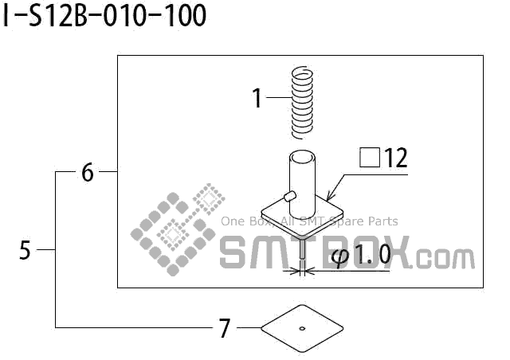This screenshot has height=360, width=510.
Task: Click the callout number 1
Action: click(x=257, y=99)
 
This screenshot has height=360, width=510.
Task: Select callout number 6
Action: click(x=88, y=172)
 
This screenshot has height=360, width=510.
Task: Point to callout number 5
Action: click(x=25, y=250)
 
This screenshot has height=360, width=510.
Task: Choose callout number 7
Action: click(x=225, y=327)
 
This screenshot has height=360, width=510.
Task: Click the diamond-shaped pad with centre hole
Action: click(x=302, y=327)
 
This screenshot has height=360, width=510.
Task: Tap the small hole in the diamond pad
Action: click(x=302, y=327)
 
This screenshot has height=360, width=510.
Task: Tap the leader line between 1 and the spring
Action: click(x=277, y=98)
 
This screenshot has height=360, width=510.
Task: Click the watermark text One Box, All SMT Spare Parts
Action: click(x=308, y=221)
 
